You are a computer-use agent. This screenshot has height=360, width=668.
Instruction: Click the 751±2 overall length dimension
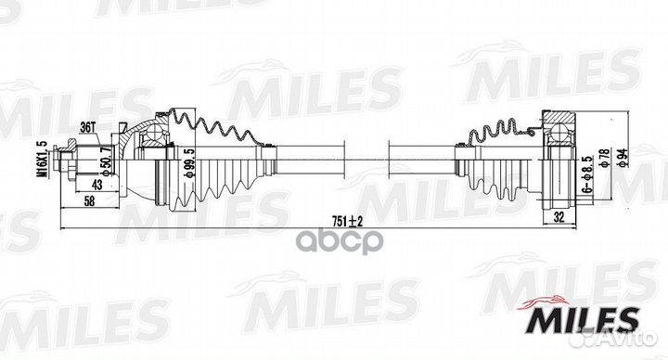348,220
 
